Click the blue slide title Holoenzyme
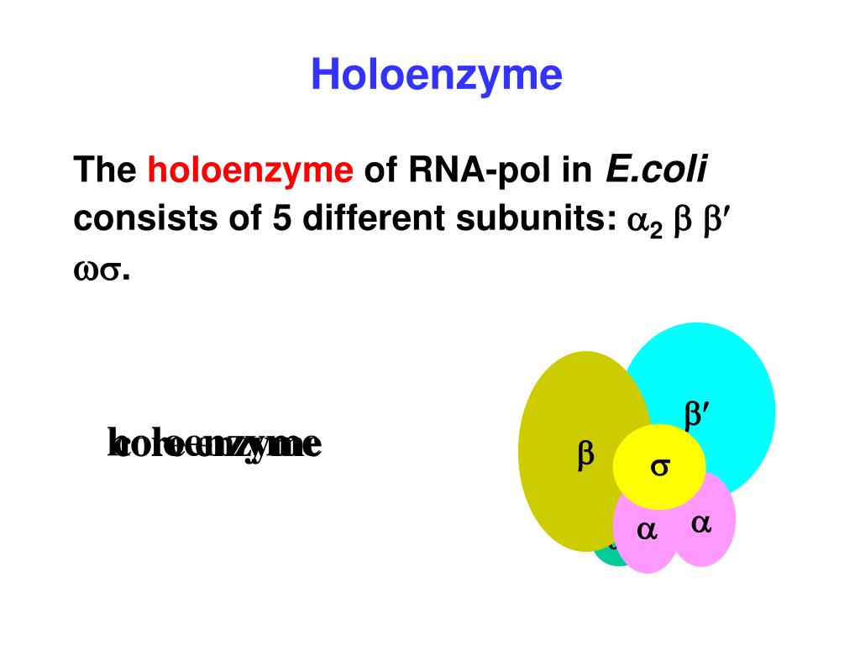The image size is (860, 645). pos(436,76)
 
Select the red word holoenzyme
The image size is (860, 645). pos(250,171)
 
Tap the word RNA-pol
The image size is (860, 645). pos(477,171)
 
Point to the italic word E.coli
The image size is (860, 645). pos(656,170)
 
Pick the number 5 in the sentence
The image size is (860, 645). pos(281,219)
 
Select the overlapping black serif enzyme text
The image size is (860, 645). pos(215,443)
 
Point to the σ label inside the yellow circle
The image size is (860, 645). pos(660,468)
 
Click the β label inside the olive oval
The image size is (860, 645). pos(585,454)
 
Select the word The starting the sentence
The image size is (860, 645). pos(104,171)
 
